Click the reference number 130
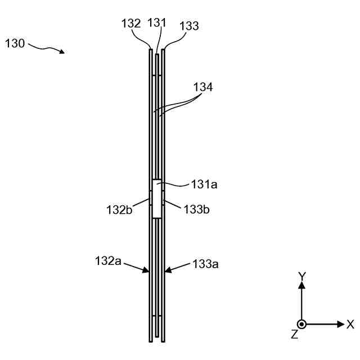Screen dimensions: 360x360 (15, 43)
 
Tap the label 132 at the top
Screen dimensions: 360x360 (131, 24)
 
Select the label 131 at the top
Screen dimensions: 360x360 (157, 22)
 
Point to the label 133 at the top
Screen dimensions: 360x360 (189, 26)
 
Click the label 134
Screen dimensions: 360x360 (203, 87)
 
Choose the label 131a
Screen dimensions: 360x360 (204, 184)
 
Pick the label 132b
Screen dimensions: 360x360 (119, 210)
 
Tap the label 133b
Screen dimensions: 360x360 (196, 209)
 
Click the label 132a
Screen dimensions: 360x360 (108, 261)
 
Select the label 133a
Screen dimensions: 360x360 (205, 264)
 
